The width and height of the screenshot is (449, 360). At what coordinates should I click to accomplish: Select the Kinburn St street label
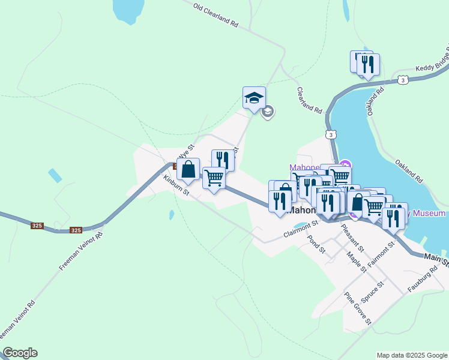(176, 185)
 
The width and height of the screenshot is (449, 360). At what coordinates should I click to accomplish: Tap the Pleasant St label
(352, 236)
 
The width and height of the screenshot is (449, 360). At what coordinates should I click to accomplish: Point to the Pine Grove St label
(358, 308)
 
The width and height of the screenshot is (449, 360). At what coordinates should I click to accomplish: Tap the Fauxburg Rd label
(420, 280)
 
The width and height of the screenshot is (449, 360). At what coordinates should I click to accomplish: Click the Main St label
(436, 259)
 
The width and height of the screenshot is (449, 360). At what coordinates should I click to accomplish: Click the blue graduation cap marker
(254, 97)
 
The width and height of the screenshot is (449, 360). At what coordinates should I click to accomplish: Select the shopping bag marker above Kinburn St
(188, 170)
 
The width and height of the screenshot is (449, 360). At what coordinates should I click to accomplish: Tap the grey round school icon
(268, 111)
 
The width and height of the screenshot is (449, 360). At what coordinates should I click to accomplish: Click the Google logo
(20, 353)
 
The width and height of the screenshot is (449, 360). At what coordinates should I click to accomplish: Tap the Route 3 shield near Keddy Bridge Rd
(403, 79)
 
